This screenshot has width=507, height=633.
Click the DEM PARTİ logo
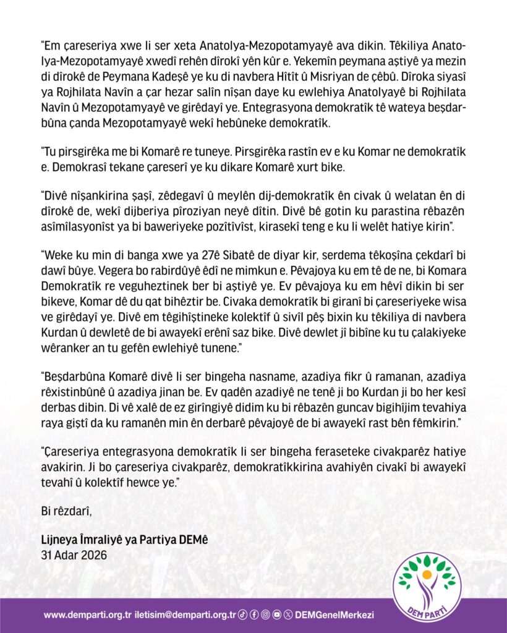427,587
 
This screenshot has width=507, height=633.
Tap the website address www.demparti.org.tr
88,615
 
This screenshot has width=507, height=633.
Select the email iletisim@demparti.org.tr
185,615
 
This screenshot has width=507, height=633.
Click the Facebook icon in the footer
254,615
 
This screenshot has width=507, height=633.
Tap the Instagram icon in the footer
265,615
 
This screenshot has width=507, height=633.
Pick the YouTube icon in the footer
277,615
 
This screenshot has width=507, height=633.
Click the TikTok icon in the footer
243,615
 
